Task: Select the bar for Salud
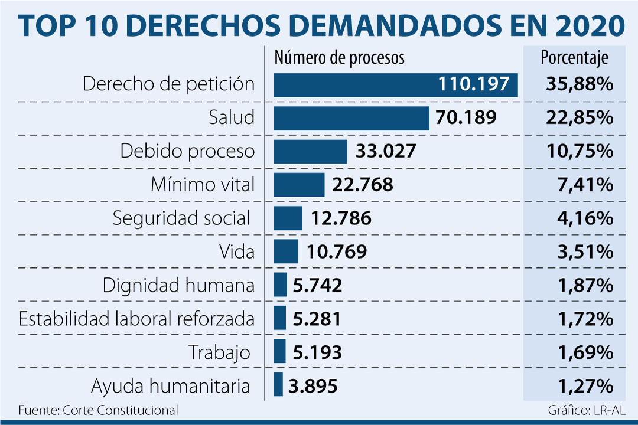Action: pos(351,118)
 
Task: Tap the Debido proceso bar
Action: pos(311,152)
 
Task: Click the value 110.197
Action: pos(473,84)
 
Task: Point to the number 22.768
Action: pos(363,185)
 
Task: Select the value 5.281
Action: pos(317,319)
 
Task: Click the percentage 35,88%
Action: pos(580,84)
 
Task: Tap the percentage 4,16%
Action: pos(585,219)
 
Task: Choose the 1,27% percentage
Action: pos(585,387)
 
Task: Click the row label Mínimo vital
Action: pos(203,185)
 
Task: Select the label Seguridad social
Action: pos(182,218)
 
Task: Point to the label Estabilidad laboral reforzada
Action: pos(137,319)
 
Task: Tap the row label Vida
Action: pos(237,252)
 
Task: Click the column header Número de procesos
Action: pos(340,58)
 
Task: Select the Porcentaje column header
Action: pos(575,58)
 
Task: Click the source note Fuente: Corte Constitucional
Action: pos(98,410)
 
